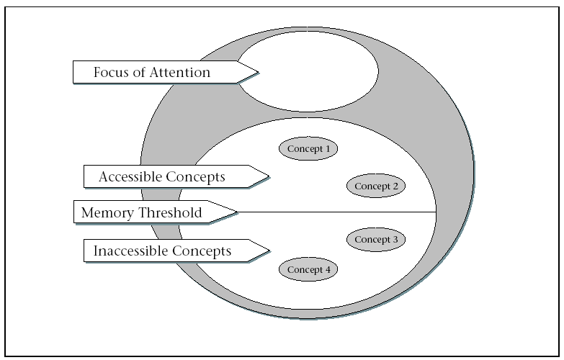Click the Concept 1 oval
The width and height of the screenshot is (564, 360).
[308, 149]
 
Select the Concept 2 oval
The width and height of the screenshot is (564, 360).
[376, 186]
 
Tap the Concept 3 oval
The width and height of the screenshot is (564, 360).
[376, 240]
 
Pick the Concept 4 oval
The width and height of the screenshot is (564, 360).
[308, 269]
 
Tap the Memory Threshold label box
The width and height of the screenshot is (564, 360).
[151, 212]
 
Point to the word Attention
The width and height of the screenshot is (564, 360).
[181, 72]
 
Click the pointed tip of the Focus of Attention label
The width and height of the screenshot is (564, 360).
[257, 72]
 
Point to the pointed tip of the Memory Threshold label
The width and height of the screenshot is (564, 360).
[236, 212]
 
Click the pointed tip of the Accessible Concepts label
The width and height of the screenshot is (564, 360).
[268, 176]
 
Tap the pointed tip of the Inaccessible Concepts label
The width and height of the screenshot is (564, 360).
[268, 251]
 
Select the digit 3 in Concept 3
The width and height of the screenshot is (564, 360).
[395, 240]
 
